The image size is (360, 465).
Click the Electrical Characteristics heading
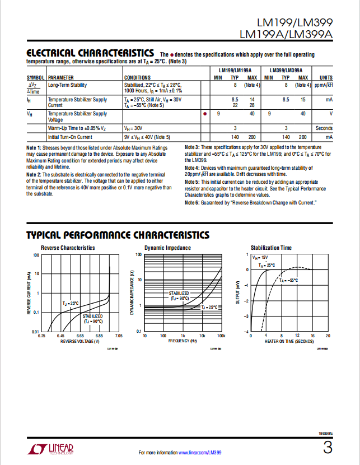pos(90,53)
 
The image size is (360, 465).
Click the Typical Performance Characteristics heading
pos(118,235)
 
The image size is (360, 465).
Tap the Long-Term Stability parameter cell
pos(67,85)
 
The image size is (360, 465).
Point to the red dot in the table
pos(205,114)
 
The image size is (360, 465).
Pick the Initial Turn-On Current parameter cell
pos(70,137)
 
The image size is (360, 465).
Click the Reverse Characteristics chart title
pos(68,248)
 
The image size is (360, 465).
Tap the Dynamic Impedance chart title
pos(167,248)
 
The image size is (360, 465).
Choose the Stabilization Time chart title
pos(271,248)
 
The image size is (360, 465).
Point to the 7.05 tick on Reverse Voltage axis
pos(118,336)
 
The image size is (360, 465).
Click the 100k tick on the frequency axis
pos(221,336)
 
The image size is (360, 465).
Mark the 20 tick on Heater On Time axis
pos(328,336)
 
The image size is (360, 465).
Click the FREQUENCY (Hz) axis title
pos(183,341)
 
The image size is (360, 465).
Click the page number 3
pos(328,448)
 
